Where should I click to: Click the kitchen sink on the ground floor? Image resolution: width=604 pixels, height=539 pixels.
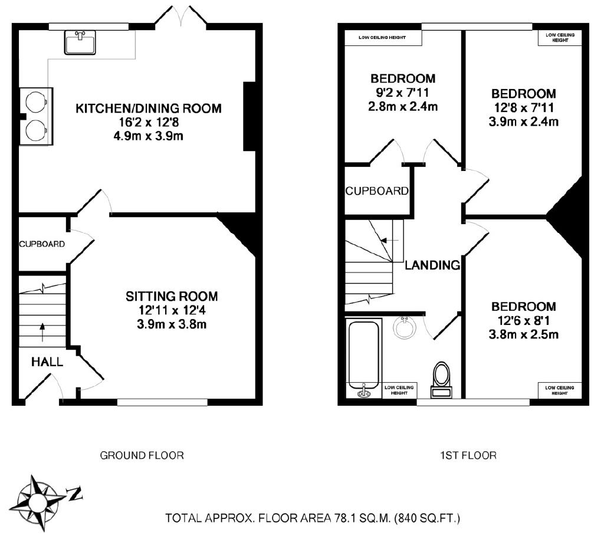click(x=80, y=42)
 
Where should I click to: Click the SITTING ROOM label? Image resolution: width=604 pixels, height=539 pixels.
click(x=172, y=296)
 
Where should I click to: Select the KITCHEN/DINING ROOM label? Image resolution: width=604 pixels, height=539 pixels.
click(x=148, y=108)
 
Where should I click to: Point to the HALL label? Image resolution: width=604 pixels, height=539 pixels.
click(x=47, y=362)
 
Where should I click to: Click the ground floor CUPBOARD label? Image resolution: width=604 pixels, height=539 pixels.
click(x=42, y=244)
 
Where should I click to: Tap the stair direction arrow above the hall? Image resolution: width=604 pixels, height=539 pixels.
click(x=42, y=333)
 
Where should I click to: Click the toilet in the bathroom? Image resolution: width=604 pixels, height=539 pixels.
click(x=441, y=379)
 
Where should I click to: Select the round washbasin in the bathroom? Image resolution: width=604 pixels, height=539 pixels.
click(x=405, y=328)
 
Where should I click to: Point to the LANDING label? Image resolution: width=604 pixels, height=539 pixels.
click(x=432, y=265)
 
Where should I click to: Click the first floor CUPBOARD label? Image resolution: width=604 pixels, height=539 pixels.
click(x=377, y=191)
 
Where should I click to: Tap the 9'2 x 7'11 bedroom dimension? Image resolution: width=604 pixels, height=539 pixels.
click(x=402, y=93)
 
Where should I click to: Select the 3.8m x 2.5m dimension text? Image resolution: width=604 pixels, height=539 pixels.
click(x=524, y=334)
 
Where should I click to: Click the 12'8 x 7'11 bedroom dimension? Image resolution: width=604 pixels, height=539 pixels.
click(x=524, y=108)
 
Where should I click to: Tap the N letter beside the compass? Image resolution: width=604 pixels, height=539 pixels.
click(x=75, y=494)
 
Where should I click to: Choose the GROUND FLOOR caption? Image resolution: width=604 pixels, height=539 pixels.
click(x=142, y=455)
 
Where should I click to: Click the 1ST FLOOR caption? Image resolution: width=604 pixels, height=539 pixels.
click(x=468, y=455)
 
